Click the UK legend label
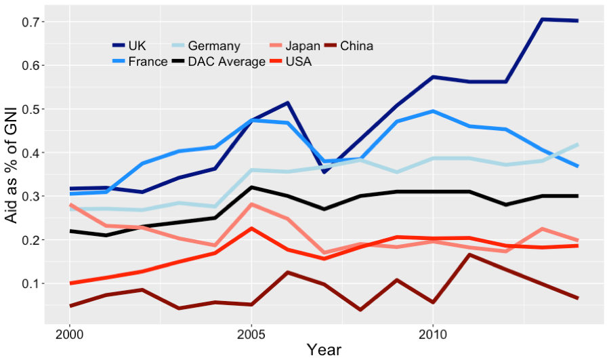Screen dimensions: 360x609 coord(137,46)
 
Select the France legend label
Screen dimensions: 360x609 coord(148,62)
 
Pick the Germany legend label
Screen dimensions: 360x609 coord(214,46)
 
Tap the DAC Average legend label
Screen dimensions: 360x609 coord(226,62)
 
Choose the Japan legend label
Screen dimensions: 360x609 coord(303,46)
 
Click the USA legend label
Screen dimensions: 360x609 coord(299,62)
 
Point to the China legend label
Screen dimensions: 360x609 coord(356,46)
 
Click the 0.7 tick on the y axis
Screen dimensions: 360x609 coord(33,22)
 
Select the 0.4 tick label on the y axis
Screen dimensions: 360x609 coord(33,153)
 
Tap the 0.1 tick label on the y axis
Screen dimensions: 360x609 coord(33,283)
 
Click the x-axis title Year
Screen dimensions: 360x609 coord(324,350)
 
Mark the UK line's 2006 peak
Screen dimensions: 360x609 coord(287,103)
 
